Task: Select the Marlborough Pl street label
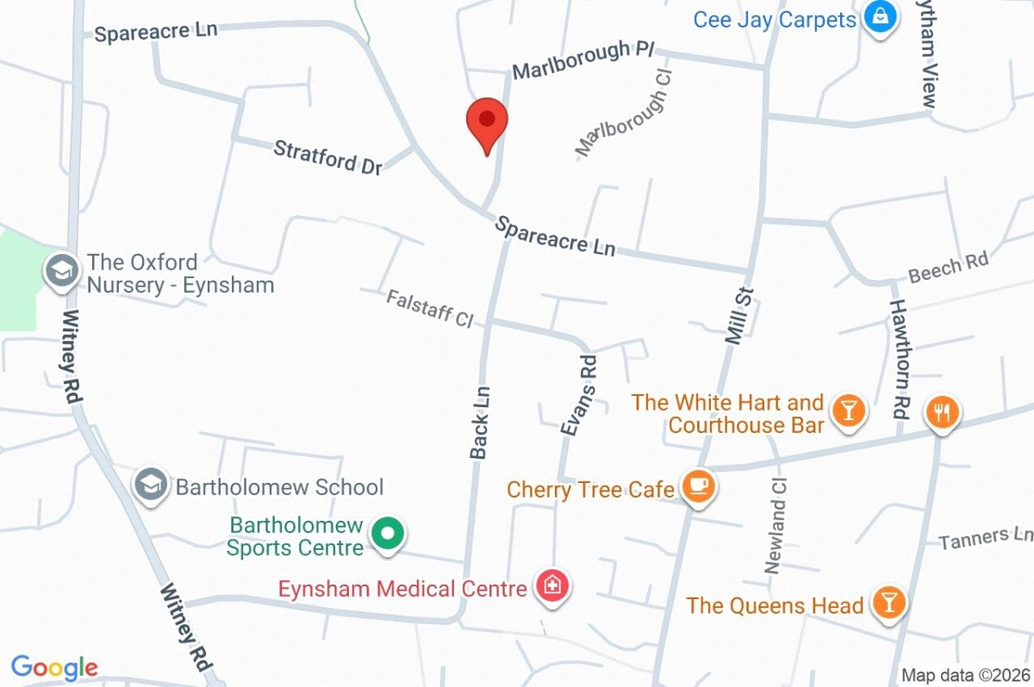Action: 583,59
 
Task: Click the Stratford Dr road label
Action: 327,158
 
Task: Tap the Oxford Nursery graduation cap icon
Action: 61,271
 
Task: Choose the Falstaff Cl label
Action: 430,308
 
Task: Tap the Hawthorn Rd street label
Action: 900,358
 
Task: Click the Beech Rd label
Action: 948,269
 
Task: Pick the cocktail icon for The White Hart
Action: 850,412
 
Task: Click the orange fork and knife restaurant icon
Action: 941,412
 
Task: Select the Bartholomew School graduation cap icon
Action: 152,486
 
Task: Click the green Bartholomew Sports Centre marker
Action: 388,535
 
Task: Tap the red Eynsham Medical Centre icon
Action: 551,588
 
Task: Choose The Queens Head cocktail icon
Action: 888,603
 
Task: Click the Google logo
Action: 54,668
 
